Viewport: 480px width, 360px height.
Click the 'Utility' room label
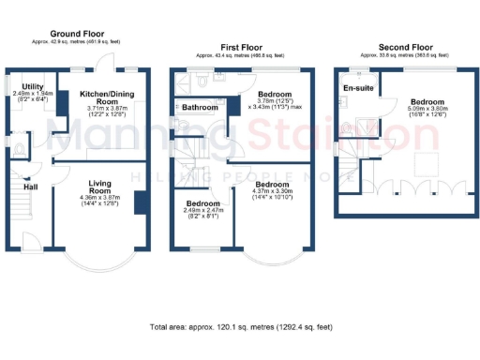click(34, 85)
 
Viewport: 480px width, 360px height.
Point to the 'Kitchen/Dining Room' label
click(105, 98)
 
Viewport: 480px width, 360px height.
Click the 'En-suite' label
click(356, 88)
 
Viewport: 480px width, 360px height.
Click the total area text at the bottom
click(240, 327)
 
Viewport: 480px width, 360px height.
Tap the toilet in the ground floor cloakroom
click(19, 147)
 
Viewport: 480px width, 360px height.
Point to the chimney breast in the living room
click(141, 203)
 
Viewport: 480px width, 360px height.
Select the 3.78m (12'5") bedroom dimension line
click(275, 106)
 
